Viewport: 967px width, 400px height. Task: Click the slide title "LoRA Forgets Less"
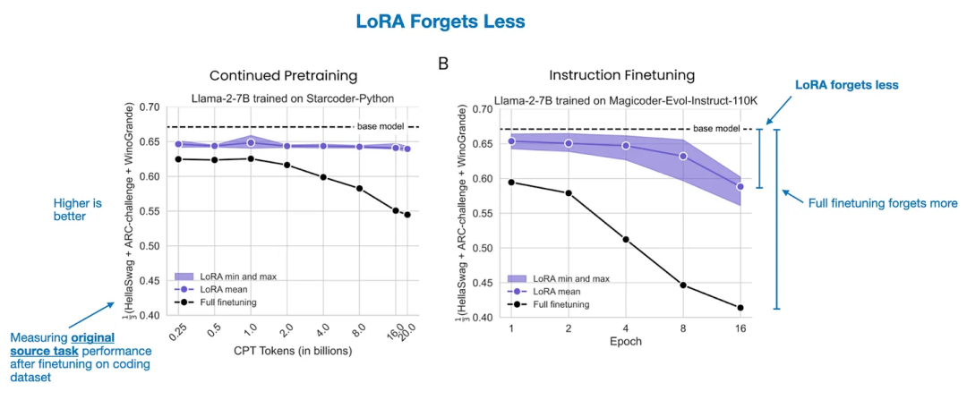click(483, 21)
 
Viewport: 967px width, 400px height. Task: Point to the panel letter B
click(442, 64)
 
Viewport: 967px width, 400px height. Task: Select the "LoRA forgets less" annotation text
click(847, 84)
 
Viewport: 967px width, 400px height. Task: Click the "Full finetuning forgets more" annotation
click(881, 203)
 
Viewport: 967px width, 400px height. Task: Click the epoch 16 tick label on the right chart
click(740, 328)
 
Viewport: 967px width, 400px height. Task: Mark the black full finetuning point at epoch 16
click(740, 308)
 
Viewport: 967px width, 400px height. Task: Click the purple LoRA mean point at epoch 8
click(683, 156)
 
